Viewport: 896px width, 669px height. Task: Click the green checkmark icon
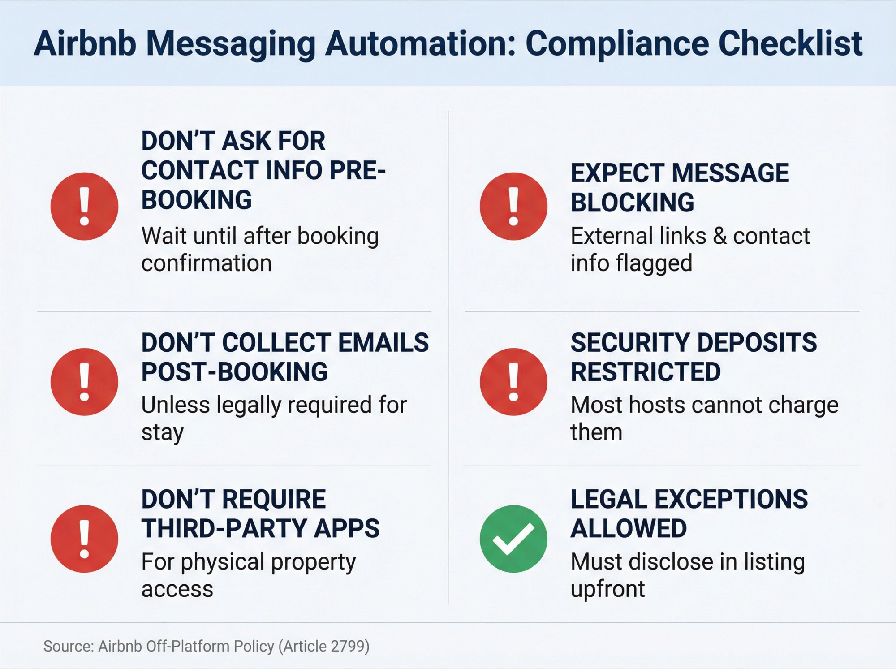(x=513, y=539)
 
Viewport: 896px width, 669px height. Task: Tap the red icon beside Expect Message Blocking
(x=513, y=206)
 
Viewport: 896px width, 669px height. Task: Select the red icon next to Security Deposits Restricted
(x=513, y=382)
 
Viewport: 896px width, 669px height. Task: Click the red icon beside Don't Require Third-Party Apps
(x=84, y=539)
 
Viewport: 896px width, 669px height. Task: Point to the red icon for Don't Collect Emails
(x=84, y=382)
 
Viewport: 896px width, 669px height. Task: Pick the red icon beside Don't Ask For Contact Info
(x=84, y=206)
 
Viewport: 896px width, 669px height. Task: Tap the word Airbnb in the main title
(x=85, y=44)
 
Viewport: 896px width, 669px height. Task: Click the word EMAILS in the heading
(x=383, y=343)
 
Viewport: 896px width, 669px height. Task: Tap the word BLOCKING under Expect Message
(x=632, y=202)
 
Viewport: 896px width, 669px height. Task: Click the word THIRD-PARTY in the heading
(x=224, y=528)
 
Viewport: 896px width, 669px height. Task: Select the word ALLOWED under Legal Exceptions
(x=629, y=528)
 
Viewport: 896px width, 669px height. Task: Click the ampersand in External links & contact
(x=719, y=236)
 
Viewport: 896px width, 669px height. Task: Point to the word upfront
(x=607, y=589)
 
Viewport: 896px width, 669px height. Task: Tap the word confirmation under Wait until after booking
(x=207, y=263)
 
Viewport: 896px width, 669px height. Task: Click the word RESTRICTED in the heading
(x=646, y=372)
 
